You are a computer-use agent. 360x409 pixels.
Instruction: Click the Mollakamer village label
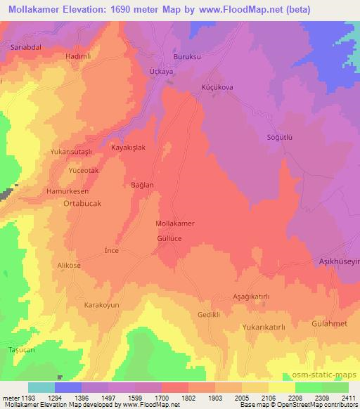click(x=174, y=223)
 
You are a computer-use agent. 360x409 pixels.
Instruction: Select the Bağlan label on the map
click(x=143, y=185)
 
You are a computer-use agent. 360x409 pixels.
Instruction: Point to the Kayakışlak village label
click(x=128, y=148)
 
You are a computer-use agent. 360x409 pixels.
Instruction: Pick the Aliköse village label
click(x=70, y=266)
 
